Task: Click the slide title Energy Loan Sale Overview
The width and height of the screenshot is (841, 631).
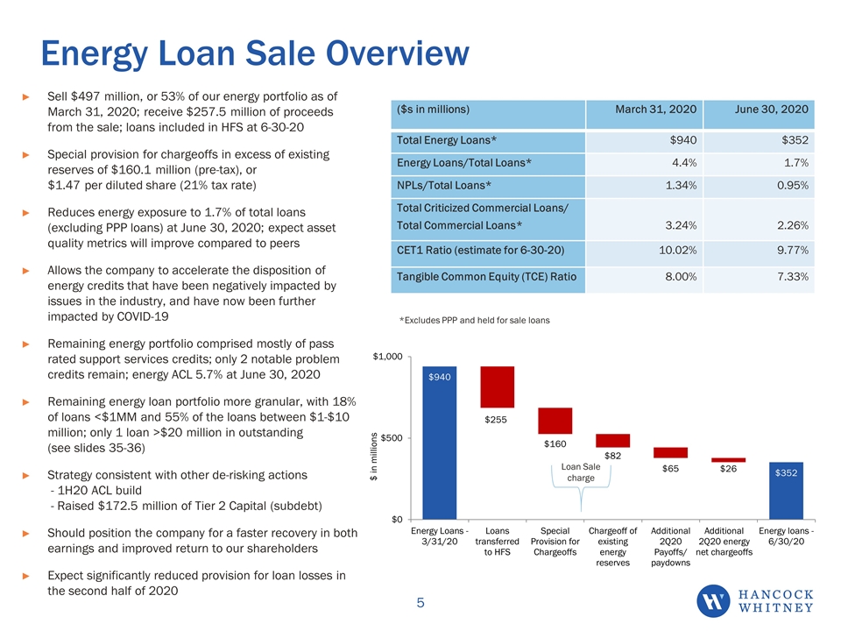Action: click(x=255, y=53)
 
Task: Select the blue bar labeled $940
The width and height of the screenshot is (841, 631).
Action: click(x=439, y=443)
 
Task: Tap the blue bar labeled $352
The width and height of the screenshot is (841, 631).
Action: click(x=786, y=491)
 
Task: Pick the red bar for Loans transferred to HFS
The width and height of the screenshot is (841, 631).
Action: click(x=498, y=386)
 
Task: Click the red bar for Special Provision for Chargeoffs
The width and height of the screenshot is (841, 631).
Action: click(x=555, y=421)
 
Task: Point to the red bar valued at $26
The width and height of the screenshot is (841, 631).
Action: click(x=728, y=460)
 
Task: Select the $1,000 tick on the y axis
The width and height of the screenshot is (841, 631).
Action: click(x=388, y=357)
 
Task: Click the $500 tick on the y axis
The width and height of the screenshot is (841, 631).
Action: click(x=392, y=438)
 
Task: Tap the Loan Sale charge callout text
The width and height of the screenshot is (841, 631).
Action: click(x=581, y=472)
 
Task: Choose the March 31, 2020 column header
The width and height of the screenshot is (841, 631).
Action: click(x=655, y=110)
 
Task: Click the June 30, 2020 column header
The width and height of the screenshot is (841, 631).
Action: click(x=771, y=110)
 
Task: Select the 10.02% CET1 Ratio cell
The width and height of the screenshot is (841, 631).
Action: click(x=677, y=250)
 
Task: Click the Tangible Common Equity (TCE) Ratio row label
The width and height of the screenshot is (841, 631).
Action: click(x=486, y=277)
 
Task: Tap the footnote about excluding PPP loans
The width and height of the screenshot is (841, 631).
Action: click(x=475, y=321)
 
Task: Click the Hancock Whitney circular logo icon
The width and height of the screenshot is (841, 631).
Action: click(x=713, y=601)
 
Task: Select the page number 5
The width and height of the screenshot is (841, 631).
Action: click(x=420, y=603)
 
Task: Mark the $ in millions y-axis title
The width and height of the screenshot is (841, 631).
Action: click(x=374, y=457)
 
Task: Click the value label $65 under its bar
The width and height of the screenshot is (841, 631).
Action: click(x=670, y=468)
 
